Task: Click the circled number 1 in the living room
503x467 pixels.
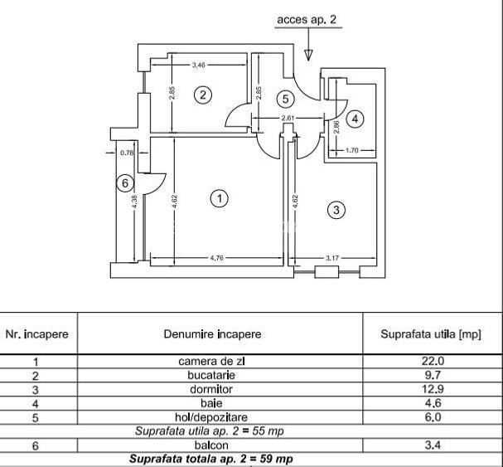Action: [220, 198]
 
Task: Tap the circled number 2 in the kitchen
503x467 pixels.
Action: [203, 95]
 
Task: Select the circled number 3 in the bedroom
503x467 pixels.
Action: [336, 210]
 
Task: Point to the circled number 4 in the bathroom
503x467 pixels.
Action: [355, 119]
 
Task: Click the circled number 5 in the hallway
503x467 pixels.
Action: [286, 100]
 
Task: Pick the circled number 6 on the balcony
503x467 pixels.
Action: [125, 183]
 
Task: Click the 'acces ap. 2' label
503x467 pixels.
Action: [307, 20]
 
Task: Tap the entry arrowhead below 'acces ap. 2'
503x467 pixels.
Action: [308, 56]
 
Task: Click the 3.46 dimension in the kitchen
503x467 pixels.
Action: [199, 65]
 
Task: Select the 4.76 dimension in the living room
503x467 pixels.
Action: [217, 258]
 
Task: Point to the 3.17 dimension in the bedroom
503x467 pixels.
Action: [332, 258]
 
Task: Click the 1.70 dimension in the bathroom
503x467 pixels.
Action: [352, 150]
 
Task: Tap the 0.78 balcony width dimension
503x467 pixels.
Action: [127, 153]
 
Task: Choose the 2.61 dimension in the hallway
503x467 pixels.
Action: [288, 118]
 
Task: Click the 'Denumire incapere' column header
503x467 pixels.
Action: [212, 334]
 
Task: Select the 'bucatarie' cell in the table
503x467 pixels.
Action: [211, 375]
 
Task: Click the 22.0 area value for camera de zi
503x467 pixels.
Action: [433, 361]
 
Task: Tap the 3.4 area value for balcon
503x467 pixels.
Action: [433, 445]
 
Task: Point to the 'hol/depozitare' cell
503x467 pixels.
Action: [211, 417]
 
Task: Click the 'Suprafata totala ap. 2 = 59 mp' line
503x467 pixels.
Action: [211, 459]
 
